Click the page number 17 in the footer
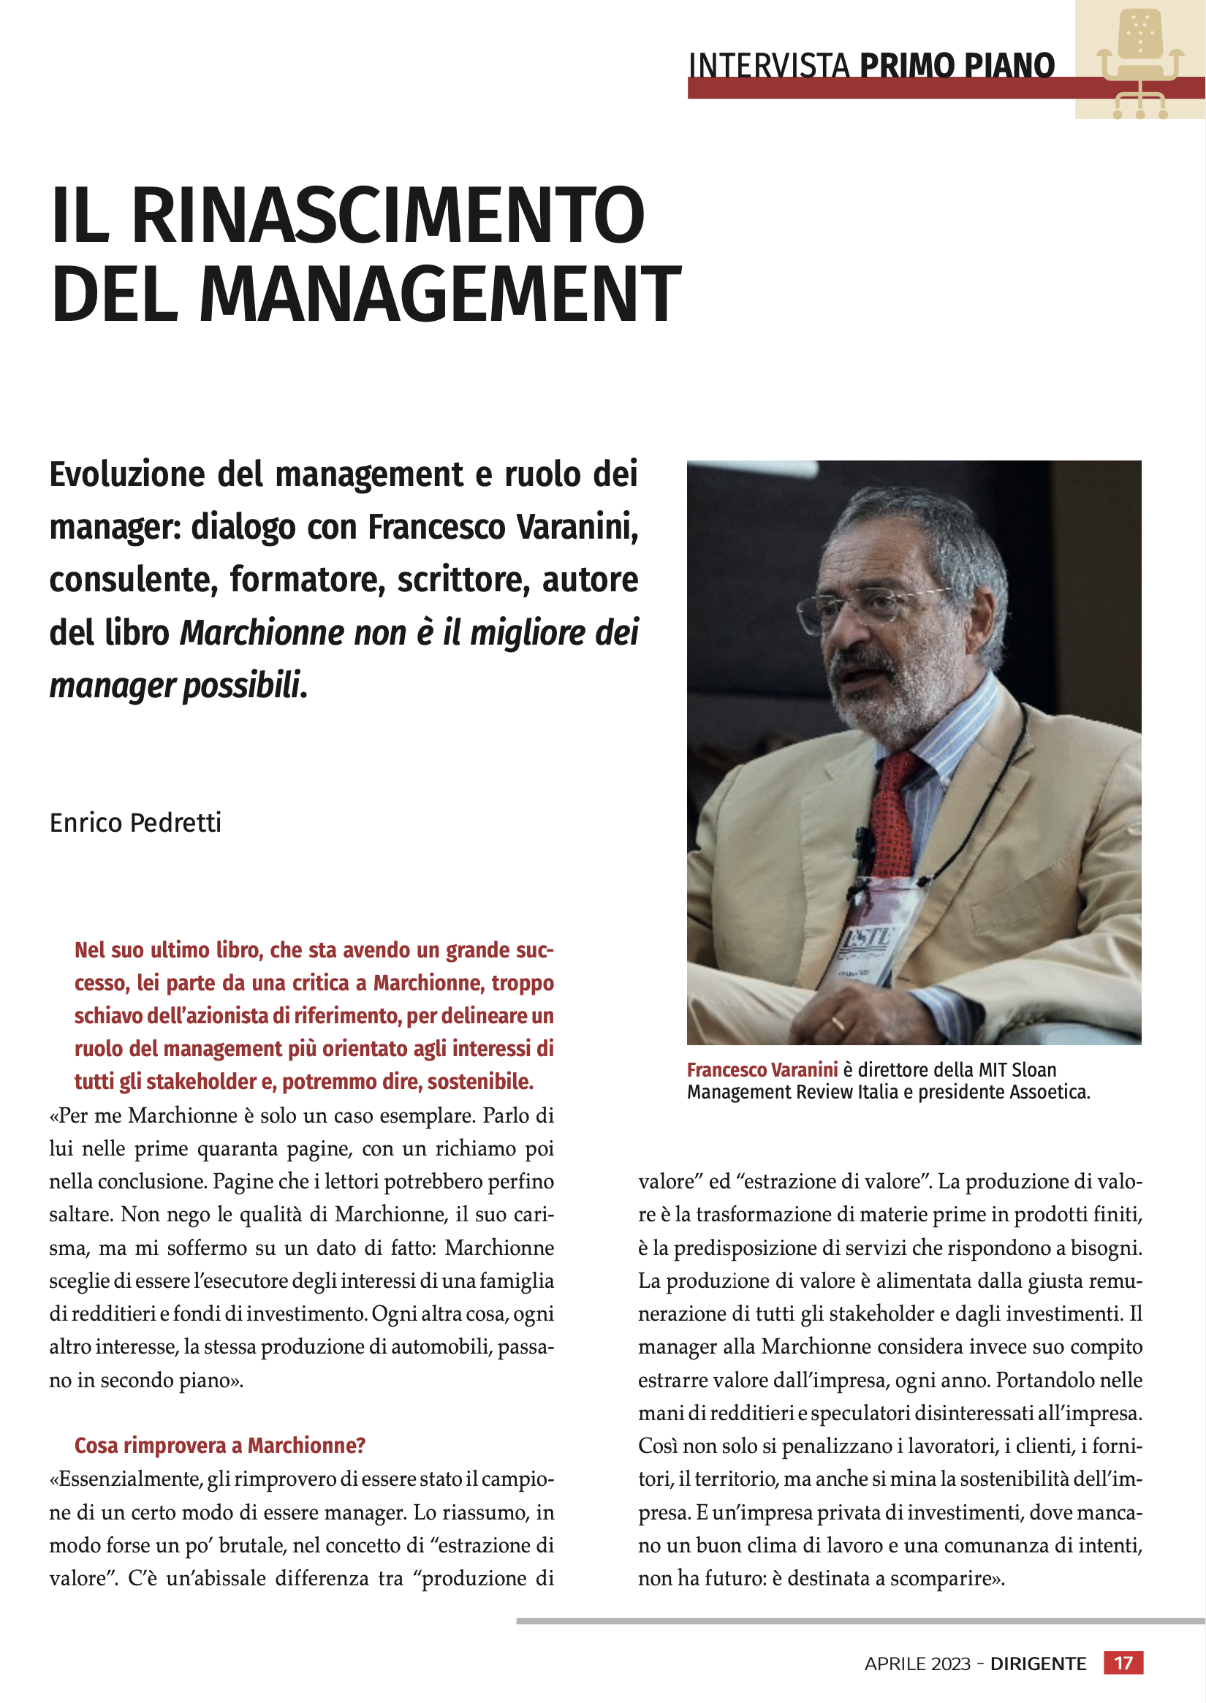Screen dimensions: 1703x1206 tap(1123, 1662)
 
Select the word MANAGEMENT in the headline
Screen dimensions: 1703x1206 tap(439, 294)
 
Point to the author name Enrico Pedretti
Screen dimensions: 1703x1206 tap(135, 823)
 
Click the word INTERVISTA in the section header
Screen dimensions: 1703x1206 tap(769, 65)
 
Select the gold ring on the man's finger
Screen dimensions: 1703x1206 tap(837, 1024)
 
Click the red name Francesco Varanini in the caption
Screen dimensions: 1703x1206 tap(762, 1069)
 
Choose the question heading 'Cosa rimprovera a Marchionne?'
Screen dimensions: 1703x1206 tap(220, 1445)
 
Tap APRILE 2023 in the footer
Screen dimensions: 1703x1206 tap(917, 1664)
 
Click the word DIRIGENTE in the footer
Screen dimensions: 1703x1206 tap(1038, 1664)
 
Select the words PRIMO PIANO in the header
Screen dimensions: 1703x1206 tap(957, 65)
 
